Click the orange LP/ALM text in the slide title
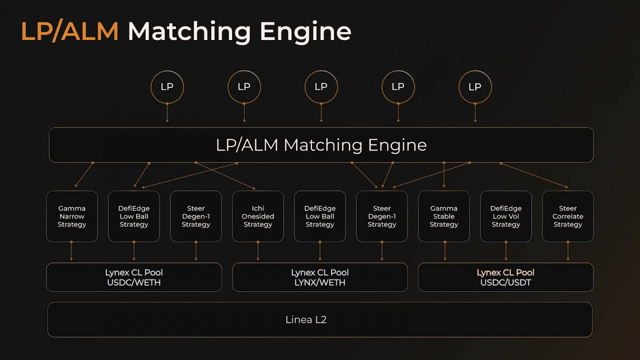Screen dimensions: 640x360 [x=70, y=31]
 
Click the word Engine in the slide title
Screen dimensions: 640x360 [x=306, y=32]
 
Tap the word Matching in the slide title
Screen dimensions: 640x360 [x=189, y=32]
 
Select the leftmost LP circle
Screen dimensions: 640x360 [x=167, y=71]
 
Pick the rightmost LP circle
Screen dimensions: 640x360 [x=475, y=71]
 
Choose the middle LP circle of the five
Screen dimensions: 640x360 [x=321, y=71]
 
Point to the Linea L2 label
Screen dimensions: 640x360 [x=306, y=319]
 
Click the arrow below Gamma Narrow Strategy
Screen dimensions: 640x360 [x=71, y=251]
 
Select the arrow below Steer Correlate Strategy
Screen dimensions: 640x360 [x=568, y=251]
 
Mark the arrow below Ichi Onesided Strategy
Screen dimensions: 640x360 [x=258, y=251]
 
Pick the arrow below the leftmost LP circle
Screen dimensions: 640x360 [x=167, y=113]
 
